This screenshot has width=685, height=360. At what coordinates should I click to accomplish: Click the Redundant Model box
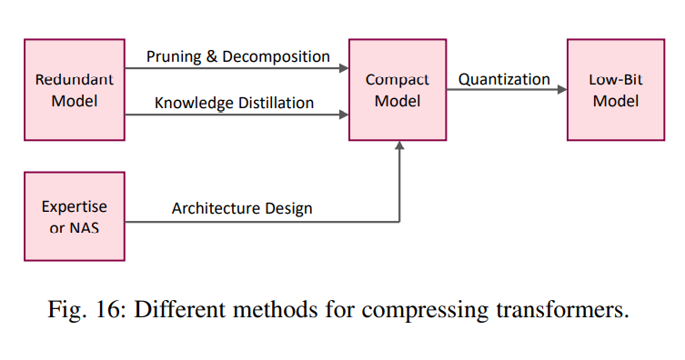click(x=74, y=89)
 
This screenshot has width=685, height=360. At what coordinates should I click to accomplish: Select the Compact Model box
click(x=398, y=89)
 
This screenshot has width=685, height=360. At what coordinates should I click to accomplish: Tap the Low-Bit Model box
click(x=615, y=89)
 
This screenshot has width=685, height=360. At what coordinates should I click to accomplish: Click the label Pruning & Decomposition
click(x=238, y=56)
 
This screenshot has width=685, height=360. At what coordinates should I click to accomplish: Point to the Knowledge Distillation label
click(x=234, y=103)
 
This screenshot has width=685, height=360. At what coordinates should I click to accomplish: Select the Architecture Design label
click(x=242, y=208)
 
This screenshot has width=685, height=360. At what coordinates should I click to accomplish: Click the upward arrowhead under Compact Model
click(x=398, y=146)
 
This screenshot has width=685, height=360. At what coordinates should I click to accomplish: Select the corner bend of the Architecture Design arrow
click(x=398, y=219)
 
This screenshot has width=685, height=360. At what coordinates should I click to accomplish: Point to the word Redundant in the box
click(x=74, y=79)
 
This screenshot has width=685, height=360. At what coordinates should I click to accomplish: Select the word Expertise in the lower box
click(x=74, y=206)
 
